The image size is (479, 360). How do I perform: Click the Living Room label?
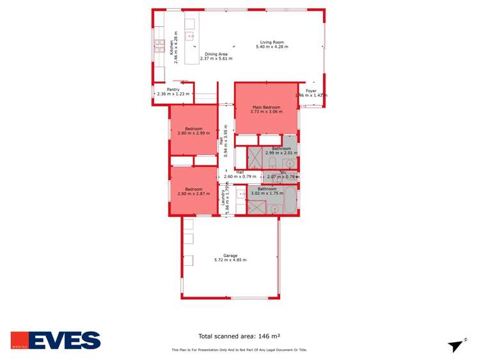pyautogui.click(x=269, y=42)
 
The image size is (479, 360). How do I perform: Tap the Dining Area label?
pyautogui.click(x=216, y=54)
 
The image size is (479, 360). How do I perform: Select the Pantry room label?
pyautogui.click(x=173, y=90)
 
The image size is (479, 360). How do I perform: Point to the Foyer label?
pyautogui.click(x=311, y=91)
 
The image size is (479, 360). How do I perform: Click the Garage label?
pyautogui.click(x=230, y=255)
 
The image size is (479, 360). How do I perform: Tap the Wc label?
pyautogui.click(x=283, y=172)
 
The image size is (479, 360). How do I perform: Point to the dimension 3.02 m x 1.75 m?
pyautogui.click(x=267, y=193)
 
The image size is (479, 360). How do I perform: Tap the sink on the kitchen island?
pyautogui.click(x=190, y=37)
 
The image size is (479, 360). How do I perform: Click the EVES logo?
pyautogui.click(x=56, y=340)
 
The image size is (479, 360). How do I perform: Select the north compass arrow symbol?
pyautogui.click(x=456, y=345)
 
